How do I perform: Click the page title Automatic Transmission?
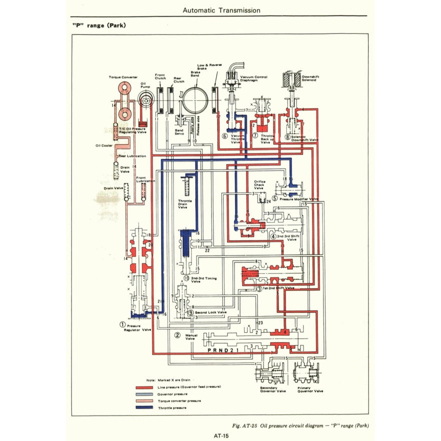point(221,10)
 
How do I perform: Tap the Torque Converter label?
point(122,77)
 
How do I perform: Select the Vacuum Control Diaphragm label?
point(253,79)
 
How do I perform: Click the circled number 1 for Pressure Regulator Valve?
point(122,324)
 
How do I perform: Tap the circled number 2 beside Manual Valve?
point(177,335)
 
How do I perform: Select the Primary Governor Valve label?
point(308,390)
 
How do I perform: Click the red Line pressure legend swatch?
point(144,387)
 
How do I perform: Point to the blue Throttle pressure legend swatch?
point(144,408)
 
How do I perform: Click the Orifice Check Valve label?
point(259,185)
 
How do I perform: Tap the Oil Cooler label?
point(104,146)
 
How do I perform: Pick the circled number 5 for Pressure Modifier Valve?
point(274,198)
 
